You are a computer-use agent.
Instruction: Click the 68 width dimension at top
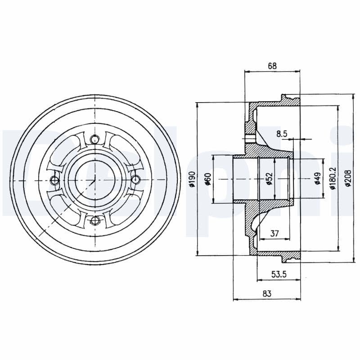point(272,66)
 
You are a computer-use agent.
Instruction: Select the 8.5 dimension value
point(282,133)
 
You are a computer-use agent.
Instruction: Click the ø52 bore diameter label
point(269,180)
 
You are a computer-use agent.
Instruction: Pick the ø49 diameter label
point(317,179)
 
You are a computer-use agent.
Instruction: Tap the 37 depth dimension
point(274,233)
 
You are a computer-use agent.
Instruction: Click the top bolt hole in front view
point(94,139)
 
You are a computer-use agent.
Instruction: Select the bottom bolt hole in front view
point(94,220)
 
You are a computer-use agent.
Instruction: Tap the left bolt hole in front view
point(54,180)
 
